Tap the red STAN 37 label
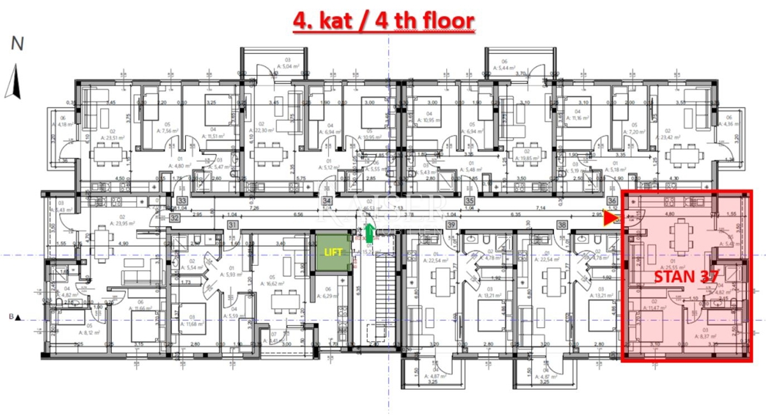687,277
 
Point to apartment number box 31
232,224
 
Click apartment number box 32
174,217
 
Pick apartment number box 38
562,224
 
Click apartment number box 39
451,224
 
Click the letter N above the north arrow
17,43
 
